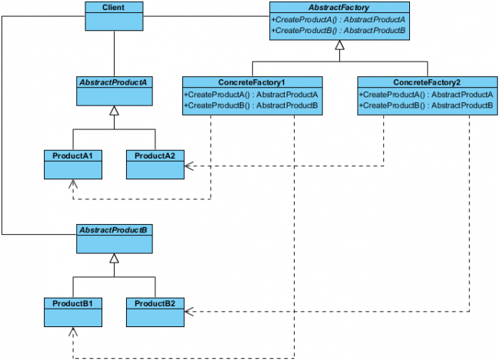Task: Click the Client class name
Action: click(114, 8)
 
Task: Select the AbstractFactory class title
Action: click(339, 8)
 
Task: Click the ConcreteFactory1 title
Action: click(252, 82)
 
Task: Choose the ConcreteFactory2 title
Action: click(427, 82)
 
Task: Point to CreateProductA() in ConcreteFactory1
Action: click(251, 95)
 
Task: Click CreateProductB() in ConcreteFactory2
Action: click(426, 105)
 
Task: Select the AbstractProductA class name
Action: click(113, 82)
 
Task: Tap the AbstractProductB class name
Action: click(113, 230)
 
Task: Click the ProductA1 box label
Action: click(72, 155)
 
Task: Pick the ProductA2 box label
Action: click(155, 155)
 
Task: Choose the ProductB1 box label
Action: click(72, 303)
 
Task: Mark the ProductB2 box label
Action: click(155, 303)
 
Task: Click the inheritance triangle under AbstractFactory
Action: click(339, 45)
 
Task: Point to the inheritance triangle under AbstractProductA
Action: click(114, 110)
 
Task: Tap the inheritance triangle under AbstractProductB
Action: click(114, 258)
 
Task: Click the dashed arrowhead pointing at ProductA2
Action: click(188, 166)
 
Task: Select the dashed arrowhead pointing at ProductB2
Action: click(188, 312)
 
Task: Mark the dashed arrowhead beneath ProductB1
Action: click(73, 332)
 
